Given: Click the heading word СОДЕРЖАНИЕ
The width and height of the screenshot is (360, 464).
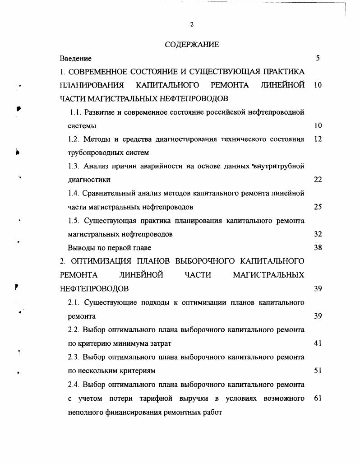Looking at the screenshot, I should coord(192,44).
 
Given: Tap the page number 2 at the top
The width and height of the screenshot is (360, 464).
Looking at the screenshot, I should coord(192,24).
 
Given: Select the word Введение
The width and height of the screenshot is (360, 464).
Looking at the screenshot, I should coord(76,58).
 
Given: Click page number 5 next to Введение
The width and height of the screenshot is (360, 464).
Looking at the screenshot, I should coord(318,58).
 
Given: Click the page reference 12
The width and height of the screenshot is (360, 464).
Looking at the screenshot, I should coord(318,139).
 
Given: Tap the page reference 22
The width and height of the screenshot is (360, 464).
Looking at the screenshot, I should coord(318,180).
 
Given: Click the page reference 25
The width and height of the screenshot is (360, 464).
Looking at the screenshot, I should coord(318,207).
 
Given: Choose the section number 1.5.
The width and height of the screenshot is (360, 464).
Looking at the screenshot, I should coord(74,221).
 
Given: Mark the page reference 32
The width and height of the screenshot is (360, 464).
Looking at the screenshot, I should coord(318,234).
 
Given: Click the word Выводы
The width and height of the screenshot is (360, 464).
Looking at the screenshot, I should coord(80,248).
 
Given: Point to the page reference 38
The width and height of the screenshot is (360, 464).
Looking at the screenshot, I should coord(318,248).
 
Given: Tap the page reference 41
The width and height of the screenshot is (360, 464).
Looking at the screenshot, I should coord(318,343).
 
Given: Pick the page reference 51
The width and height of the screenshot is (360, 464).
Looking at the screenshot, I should coord(318,371).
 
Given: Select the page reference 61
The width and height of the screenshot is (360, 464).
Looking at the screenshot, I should coord(318,398).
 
